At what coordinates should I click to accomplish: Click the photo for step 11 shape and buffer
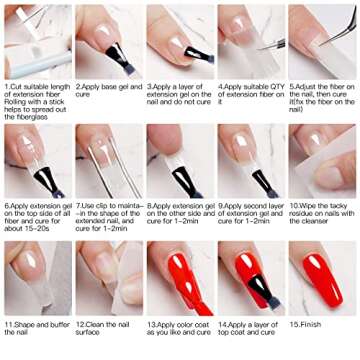coord(37,278)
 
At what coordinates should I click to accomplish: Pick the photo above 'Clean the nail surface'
coord(107,278)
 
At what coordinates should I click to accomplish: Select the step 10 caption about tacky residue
coord(322,213)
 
